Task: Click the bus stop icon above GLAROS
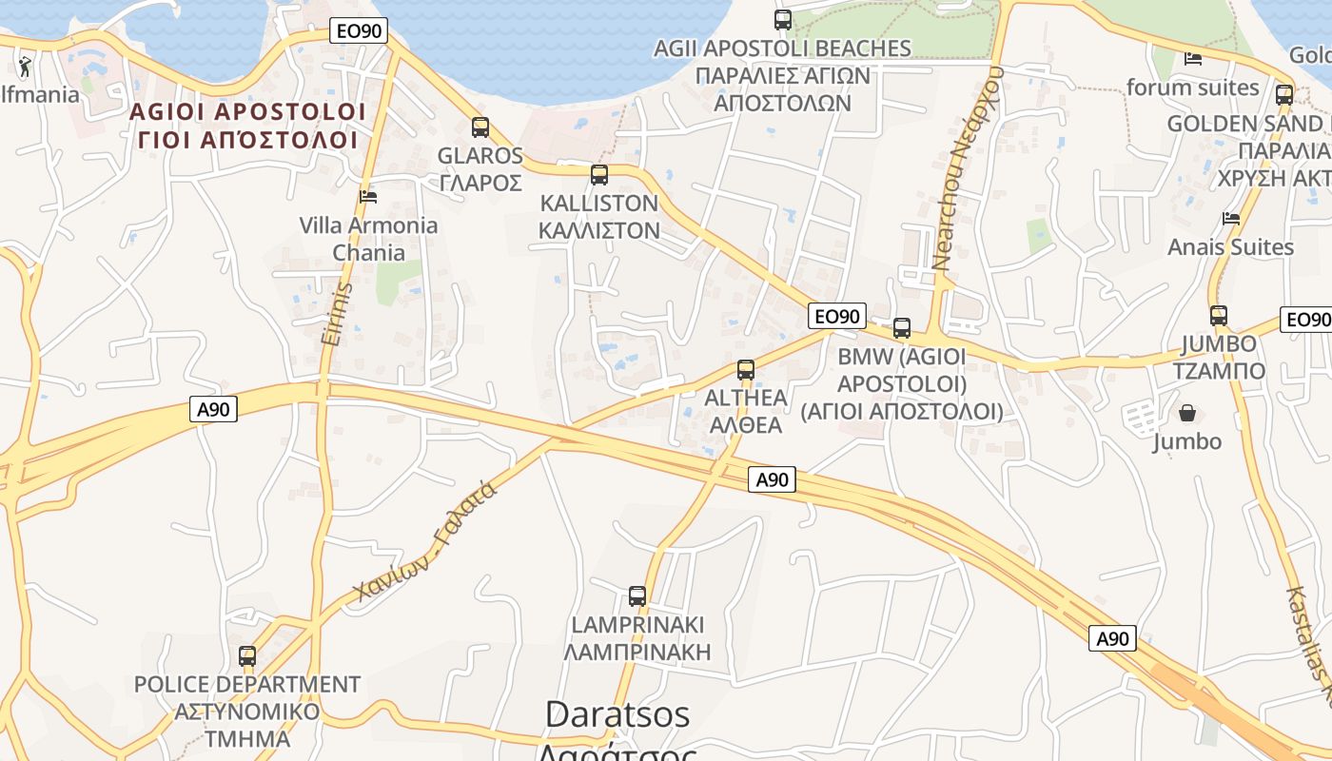point(480,127)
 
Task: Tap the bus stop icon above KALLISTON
point(598,174)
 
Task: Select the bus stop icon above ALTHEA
point(746,369)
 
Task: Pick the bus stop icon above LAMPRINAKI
point(637,596)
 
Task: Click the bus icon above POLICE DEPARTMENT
point(247,655)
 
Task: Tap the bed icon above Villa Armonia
point(368,196)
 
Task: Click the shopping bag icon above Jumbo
point(1187,413)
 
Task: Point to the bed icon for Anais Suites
point(1231,219)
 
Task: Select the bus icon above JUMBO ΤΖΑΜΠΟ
point(1219,315)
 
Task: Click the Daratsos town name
point(617,714)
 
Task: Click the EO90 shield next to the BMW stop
point(837,316)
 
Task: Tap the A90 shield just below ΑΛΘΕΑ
point(772,479)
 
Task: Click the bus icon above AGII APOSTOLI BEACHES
point(783,19)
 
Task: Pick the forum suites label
point(1193,88)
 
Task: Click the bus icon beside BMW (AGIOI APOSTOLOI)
point(902,328)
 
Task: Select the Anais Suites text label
point(1231,247)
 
